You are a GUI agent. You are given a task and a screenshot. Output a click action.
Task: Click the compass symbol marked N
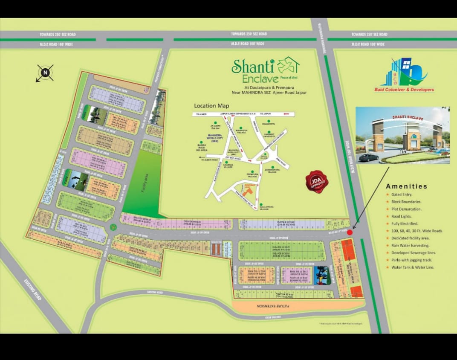click(x=45, y=73)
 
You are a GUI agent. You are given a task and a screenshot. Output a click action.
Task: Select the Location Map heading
click(x=211, y=106)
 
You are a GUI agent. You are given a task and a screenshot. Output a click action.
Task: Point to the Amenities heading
click(x=406, y=186)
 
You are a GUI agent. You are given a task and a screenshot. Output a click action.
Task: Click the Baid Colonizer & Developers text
click(x=404, y=90)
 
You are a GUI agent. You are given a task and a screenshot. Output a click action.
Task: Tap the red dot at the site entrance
click(x=350, y=232)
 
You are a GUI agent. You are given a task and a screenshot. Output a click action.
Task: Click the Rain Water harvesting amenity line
click(x=410, y=245)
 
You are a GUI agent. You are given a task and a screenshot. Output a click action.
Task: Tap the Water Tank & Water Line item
click(x=412, y=267)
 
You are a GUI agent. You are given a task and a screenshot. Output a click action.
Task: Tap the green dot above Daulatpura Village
click(x=261, y=204)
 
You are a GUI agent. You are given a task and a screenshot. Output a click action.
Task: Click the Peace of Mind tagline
click(x=289, y=78)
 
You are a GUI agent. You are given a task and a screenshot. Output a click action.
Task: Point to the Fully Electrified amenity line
click(x=405, y=224)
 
